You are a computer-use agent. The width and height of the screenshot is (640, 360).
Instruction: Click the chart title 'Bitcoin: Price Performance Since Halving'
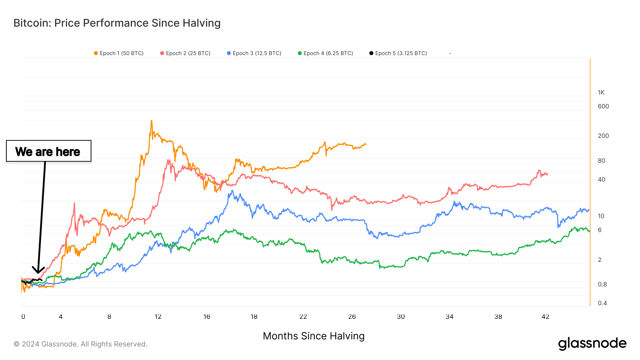coord(117,23)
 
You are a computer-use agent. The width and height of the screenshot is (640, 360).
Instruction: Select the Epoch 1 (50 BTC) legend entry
coord(119,53)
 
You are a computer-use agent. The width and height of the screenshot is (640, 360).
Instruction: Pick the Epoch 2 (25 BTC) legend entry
coord(185,53)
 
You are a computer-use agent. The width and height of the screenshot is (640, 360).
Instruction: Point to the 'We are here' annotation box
coord(49,151)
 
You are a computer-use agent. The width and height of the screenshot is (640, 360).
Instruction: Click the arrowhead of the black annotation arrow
coord(38,272)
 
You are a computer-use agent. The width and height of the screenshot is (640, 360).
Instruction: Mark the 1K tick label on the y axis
coord(601,92)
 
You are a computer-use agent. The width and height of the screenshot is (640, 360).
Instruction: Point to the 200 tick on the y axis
coord(603,136)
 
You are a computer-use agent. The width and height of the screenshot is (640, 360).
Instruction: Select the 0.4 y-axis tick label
coord(602,303)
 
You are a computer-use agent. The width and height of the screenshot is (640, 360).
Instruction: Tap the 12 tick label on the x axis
coord(158,317)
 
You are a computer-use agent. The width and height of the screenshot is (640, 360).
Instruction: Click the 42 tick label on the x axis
coord(545,317)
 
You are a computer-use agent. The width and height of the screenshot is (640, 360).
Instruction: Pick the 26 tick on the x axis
coord(352,317)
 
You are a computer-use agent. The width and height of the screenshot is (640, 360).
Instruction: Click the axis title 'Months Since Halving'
coord(314,336)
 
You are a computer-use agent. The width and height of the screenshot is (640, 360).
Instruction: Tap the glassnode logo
coord(592,344)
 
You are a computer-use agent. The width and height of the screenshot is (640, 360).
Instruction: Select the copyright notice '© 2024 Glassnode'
coord(80,344)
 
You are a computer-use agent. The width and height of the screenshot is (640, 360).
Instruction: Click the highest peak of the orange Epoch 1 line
coord(151,121)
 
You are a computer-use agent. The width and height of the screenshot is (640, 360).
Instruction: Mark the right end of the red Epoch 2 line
coord(547,174)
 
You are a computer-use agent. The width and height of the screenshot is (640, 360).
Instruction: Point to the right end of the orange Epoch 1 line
coord(366,144)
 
